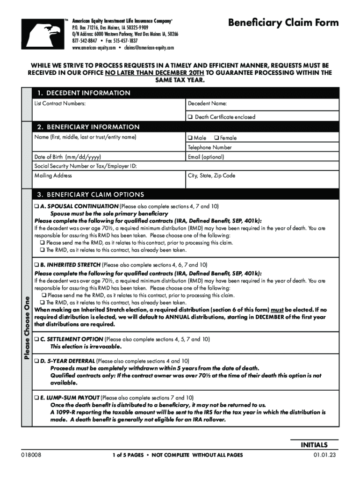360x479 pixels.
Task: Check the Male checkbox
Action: click(190, 138)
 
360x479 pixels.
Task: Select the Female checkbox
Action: click(216, 138)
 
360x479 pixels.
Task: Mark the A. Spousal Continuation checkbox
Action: click(36, 206)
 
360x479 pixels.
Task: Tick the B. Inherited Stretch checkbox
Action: click(36, 264)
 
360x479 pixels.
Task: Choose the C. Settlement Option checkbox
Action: click(36, 339)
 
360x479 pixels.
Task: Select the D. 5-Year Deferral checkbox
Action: click(36, 361)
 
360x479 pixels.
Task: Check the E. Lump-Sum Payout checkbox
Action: click(36, 397)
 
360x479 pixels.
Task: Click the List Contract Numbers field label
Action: click(60, 103)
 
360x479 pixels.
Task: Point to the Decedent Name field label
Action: click(207, 103)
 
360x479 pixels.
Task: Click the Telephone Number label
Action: click(209, 147)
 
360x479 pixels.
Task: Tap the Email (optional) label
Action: click(206, 157)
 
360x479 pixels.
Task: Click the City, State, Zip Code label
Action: click(211, 176)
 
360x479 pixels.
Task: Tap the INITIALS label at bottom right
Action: click(314, 445)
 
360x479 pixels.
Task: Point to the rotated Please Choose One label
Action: click(28, 328)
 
